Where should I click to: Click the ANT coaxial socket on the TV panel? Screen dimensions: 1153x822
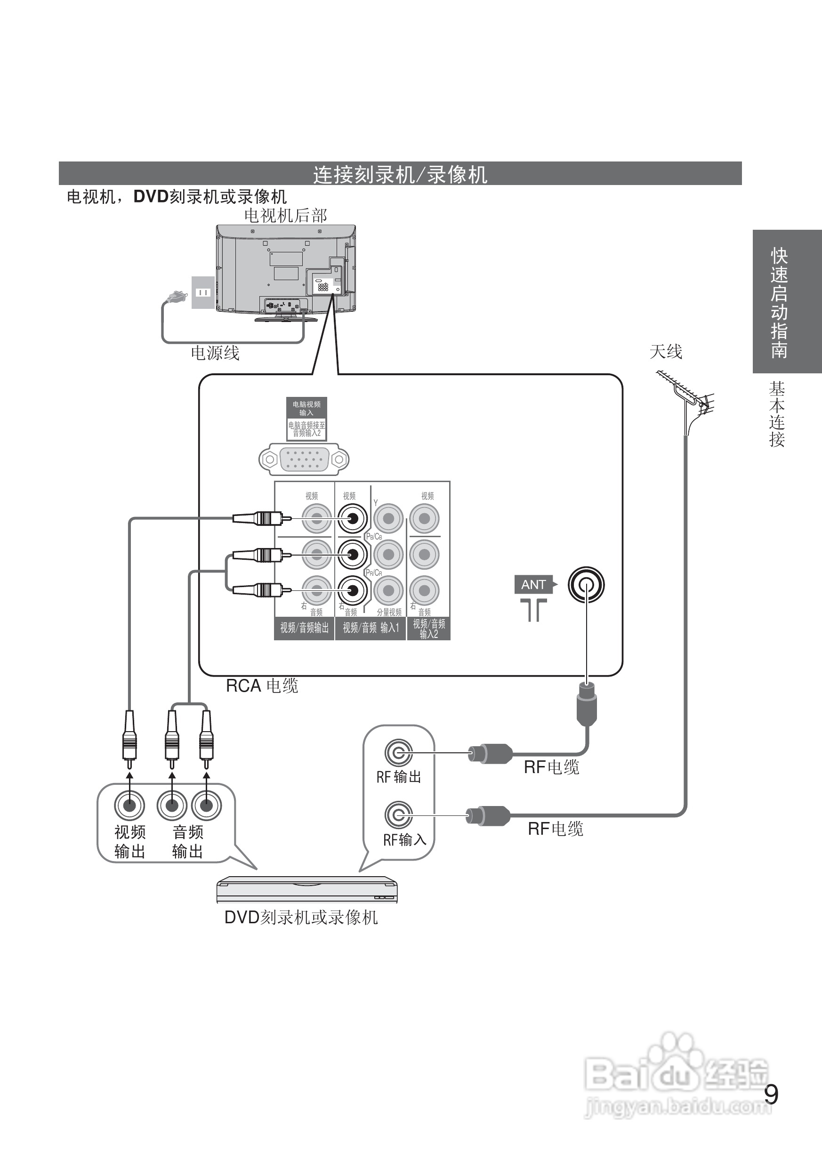586,585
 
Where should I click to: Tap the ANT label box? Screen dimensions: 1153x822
533,585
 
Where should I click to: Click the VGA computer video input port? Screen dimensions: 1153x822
304,459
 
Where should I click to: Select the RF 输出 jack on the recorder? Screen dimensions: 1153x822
398,753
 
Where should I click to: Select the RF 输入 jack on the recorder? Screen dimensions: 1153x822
398,814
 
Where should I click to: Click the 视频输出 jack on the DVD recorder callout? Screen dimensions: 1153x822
129,805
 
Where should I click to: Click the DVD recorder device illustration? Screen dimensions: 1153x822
307,890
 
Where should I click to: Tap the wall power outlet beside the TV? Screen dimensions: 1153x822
202,292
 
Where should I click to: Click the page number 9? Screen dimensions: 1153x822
771,1095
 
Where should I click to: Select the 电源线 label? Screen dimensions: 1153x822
215,353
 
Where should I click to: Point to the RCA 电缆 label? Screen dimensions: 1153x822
262,686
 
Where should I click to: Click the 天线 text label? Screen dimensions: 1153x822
666,352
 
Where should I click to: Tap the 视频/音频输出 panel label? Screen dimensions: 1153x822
304,628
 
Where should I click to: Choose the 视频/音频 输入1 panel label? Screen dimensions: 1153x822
371,628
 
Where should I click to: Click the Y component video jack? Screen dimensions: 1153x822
388,518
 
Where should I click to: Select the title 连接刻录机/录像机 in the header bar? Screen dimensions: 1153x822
400,175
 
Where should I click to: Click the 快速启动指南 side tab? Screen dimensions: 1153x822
780,302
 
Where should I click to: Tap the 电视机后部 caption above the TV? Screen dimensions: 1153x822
285,216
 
